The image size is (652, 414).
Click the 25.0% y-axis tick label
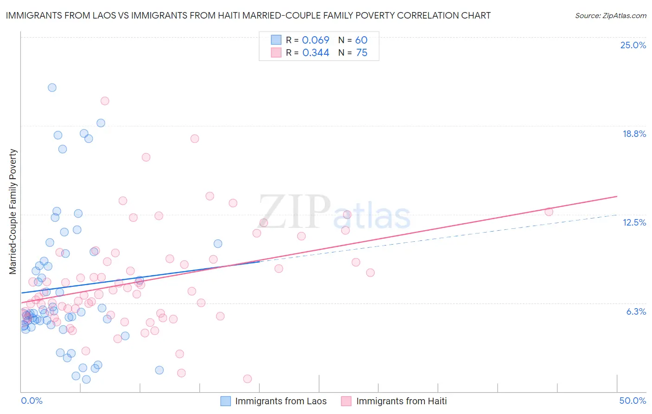tap(633, 45)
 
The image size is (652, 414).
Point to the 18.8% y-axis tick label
tap(634, 134)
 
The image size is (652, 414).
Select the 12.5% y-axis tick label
tap(634, 222)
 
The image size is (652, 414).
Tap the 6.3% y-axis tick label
tap(636, 311)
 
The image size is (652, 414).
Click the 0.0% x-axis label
tap(32, 401)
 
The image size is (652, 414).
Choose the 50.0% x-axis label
tap(633, 401)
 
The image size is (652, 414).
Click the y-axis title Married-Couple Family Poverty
tap(13, 212)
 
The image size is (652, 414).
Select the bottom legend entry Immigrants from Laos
tap(281, 401)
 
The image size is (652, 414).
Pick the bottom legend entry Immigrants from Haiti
tap(401, 401)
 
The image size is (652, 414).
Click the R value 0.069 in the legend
tap(315, 40)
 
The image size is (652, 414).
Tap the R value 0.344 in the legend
tap(315, 52)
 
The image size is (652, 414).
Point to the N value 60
tap(361, 40)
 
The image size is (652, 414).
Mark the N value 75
tap(361, 52)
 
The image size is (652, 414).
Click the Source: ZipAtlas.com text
tap(610, 15)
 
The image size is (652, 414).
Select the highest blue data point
tap(52, 87)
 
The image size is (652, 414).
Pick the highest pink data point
tap(105, 101)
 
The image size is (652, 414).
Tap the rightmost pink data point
tap(549, 212)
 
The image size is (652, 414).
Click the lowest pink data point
tap(247, 379)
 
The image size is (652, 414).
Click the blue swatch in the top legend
tap(276, 40)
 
